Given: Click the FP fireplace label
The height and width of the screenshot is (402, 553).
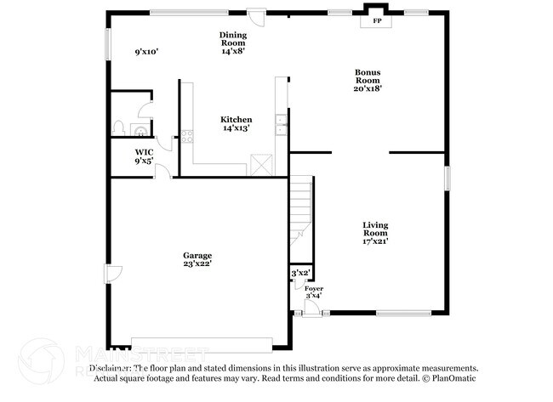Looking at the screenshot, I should [x=376, y=20].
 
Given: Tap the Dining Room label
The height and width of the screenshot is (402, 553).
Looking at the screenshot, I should [x=233, y=43].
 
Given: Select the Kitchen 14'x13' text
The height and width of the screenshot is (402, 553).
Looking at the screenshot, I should [x=237, y=124].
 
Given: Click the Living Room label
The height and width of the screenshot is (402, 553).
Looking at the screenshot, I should [x=375, y=233].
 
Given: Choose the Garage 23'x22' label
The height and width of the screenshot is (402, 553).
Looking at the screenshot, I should [x=197, y=259].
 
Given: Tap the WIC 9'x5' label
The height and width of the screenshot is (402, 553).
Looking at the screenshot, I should [x=143, y=156].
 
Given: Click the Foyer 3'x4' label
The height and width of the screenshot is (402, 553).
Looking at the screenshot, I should [x=313, y=292].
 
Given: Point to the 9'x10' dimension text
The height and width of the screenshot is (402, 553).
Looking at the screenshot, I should [x=147, y=52].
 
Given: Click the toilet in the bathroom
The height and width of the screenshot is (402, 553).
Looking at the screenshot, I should [x=119, y=129].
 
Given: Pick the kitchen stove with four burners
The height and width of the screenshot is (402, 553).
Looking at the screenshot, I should [x=188, y=134].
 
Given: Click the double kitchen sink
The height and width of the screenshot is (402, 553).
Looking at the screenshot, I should [x=280, y=123].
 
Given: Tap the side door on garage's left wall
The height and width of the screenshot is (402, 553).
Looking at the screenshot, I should [x=110, y=274].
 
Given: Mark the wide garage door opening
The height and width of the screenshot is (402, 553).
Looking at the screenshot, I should [x=202, y=343].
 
